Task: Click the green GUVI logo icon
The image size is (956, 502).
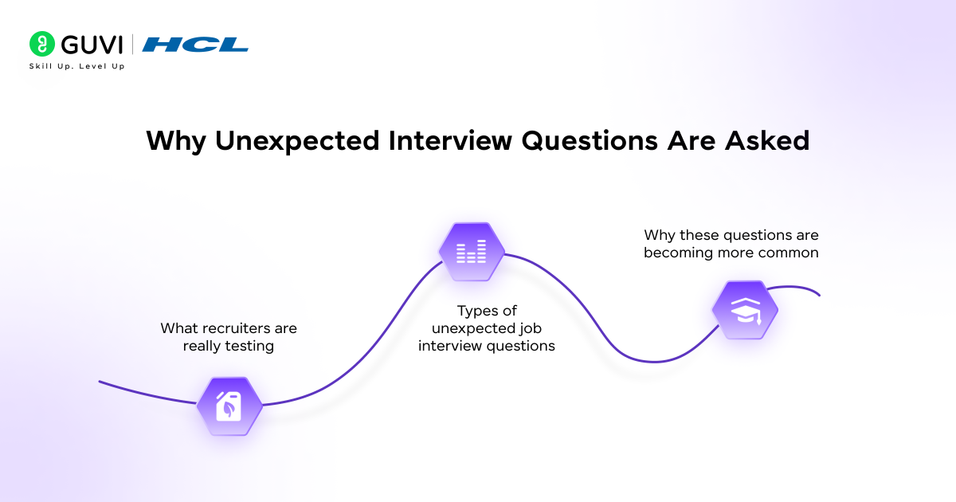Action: tap(41, 43)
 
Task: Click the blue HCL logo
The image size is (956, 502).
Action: tap(195, 45)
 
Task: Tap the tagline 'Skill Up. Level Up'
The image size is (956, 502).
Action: tap(76, 66)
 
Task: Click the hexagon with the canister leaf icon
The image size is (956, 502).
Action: tap(229, 406)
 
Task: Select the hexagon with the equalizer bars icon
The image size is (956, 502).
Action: tap(472, 252)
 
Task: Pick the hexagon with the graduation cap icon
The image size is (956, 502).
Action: tap(744, 310)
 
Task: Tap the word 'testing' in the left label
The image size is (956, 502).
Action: tap(249, 346)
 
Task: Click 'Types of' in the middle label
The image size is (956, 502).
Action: tap(486, 311)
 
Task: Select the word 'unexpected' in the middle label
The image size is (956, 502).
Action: tap(470, 328)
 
